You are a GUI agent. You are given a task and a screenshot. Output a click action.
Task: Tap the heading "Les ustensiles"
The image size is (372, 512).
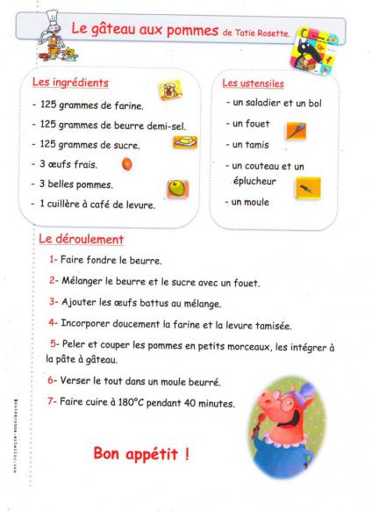(x=253, y=84)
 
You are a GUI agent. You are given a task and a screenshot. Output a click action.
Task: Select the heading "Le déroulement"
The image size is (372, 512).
(x=81, y=239)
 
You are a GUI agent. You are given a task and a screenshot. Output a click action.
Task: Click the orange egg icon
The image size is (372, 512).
(x=127, y=163)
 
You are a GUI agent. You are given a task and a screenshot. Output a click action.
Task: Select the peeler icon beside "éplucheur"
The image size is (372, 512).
(x=307, y=187)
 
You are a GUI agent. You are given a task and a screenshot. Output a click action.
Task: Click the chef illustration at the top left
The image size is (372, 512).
(x=53, y=35)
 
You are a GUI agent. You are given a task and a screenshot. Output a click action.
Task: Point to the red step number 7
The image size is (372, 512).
(x=52, y=402)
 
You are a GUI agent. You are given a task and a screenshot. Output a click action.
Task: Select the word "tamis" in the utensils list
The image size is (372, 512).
(x=256, y=145)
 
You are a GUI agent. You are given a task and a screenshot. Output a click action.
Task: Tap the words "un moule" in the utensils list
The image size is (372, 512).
(x=250, y=203)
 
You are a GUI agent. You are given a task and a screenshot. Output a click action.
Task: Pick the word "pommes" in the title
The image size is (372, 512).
(x=193, y=31)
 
